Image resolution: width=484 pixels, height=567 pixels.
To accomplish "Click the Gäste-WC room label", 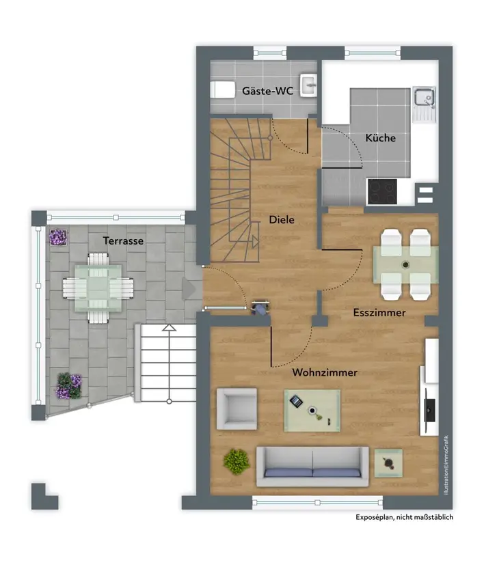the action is pos(267,90).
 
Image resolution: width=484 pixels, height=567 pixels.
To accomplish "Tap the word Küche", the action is pos(380,138).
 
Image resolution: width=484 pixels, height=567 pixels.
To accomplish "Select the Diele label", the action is pos(282,219).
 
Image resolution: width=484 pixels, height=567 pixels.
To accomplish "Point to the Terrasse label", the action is pos(123,241).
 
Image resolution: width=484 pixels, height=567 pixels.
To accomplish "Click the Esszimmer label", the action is pos(379,312).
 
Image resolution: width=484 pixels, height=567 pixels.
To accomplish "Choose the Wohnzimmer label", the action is pos(325,372).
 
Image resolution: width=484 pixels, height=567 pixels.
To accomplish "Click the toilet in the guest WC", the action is pos(223,89).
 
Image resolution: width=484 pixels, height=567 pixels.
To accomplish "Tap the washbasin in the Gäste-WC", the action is pos(308,85).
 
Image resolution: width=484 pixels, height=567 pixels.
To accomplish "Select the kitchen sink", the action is pos(424,105).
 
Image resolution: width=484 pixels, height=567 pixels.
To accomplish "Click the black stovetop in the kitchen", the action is pos(382,192).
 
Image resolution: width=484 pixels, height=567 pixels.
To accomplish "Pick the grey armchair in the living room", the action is pos(237,409).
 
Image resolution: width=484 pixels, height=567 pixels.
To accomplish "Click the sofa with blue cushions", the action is pos(312,467).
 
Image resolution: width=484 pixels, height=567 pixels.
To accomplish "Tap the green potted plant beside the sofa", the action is pos(237,461).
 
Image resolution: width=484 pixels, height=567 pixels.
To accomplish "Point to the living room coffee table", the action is pos(312,411).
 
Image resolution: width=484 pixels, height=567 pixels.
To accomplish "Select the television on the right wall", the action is pos(429,411).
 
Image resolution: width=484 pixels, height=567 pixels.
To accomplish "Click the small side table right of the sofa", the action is pos(388,463).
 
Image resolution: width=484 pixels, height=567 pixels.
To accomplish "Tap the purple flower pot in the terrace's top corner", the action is pos(58,238).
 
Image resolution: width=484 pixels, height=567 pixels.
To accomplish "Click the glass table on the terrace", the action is pos(98,288).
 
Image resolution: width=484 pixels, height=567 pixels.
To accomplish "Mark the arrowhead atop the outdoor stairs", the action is pos(169,328).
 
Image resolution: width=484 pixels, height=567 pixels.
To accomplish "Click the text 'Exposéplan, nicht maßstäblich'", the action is pos(404,517).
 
